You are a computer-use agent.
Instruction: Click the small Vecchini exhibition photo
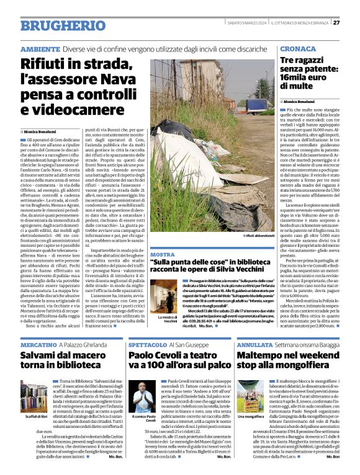click(163, 296)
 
